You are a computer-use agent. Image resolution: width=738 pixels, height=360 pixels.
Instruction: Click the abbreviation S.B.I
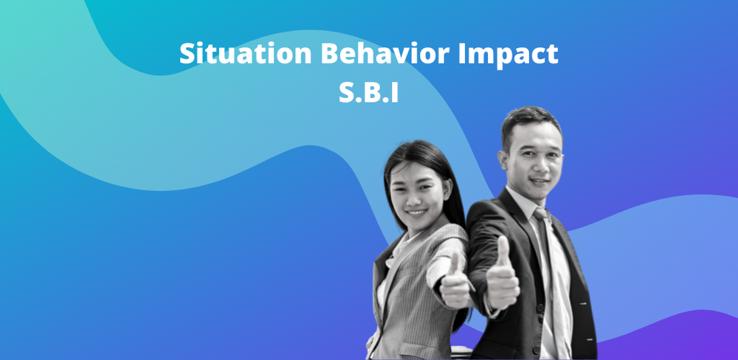point(368,93)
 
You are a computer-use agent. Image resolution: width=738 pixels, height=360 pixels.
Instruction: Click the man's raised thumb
point(504,251)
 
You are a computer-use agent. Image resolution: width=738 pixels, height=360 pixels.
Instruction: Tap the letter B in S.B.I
point(368,93)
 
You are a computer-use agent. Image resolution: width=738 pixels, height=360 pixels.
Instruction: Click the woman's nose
point(418,197)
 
